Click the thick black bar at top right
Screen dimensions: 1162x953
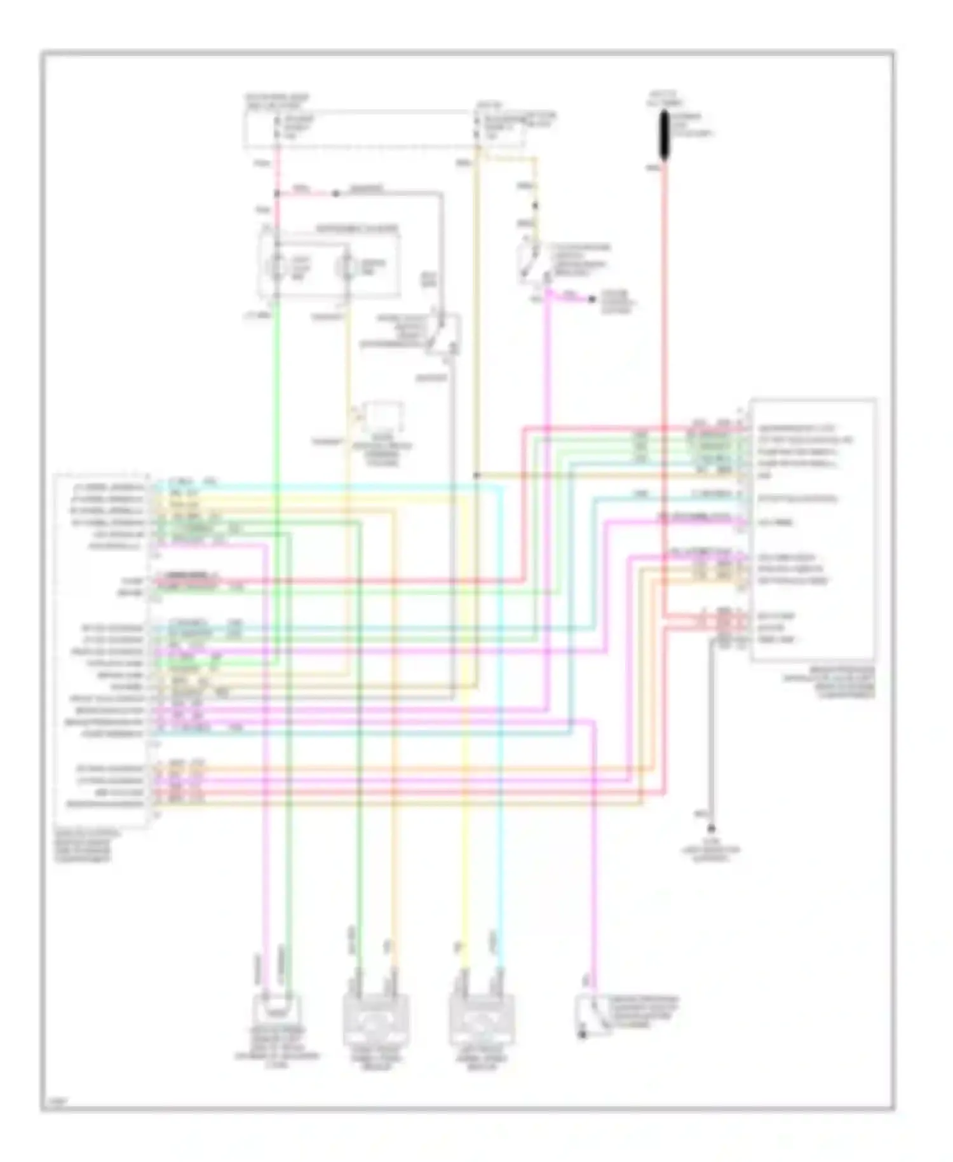tap(664, 135)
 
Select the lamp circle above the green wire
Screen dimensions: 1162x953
tap(277, 266)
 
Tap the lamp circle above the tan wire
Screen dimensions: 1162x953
tap(347, 266)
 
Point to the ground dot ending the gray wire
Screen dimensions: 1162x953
tap(712, 828)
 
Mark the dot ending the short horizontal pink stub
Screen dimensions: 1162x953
tap(591, 298)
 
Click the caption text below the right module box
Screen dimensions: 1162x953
tap(828, 683)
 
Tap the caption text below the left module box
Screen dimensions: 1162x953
tap(83, 846)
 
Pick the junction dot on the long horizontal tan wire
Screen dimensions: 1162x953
tap(476, 475)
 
